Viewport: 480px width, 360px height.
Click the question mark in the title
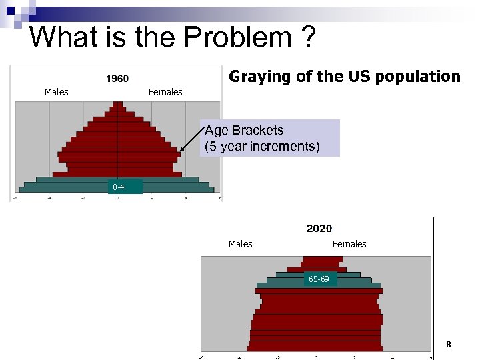[308, 37]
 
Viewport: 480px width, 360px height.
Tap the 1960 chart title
[117, 79]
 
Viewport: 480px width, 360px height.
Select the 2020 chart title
[319, 229]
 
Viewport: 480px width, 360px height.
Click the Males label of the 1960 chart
[56, 92]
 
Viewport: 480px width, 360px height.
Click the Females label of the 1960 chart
[165, 92]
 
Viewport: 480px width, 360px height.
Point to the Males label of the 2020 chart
[240, 244]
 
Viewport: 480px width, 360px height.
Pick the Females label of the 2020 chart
[349, 244]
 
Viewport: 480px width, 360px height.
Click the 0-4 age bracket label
[118, 187]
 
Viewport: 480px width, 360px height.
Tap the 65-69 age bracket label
[318, 279]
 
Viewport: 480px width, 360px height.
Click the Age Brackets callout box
[269, 138]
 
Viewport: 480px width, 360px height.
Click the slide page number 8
[449, 345]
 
